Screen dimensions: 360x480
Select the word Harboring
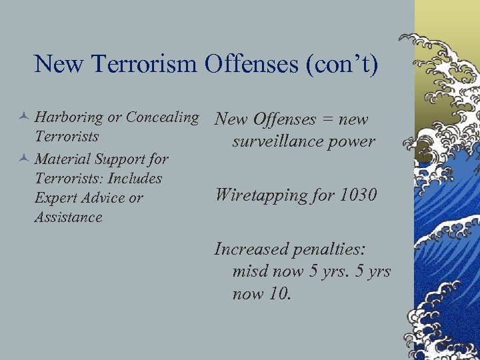tap(69, 117)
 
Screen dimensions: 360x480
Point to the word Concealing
tap(162, 117)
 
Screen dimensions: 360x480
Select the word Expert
tap(55, 199)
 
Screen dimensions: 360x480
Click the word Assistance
tap(68, 217)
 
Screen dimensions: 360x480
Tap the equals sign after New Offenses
tap(327, 120)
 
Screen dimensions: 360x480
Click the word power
tap(355, 141)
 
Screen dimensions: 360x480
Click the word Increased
tap(251, 249)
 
